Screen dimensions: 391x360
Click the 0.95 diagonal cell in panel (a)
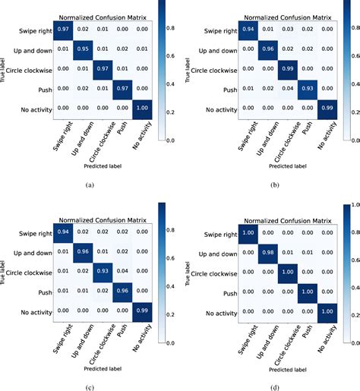tap(83, 49)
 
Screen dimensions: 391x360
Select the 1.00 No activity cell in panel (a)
tap(141, 108)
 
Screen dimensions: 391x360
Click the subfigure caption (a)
tap(90, 184)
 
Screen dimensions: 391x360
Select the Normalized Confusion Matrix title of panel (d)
tap(284, 219)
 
